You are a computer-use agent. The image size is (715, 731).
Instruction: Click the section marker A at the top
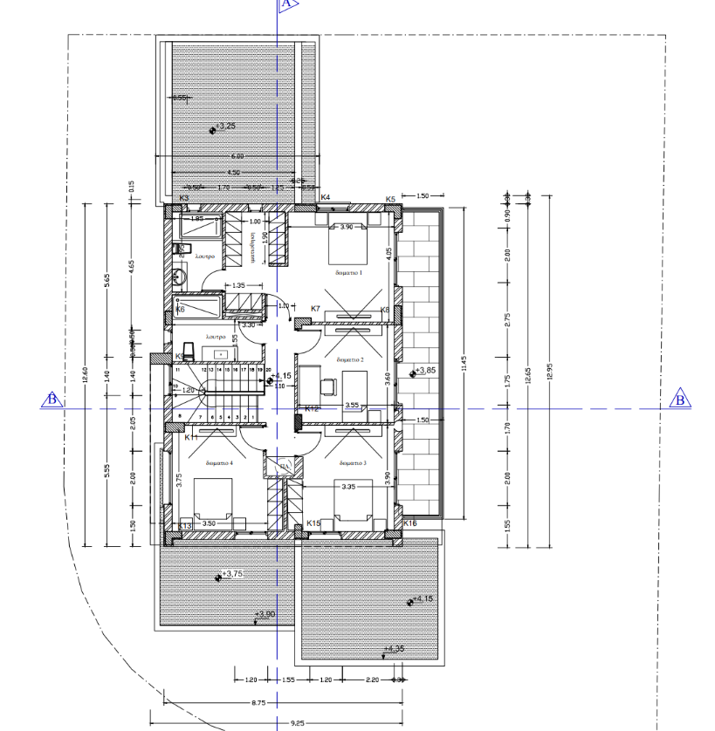(x=286, y=4)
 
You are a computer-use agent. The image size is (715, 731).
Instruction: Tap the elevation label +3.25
(x=225, y=126)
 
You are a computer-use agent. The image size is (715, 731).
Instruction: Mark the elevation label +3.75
(x=231, y=574)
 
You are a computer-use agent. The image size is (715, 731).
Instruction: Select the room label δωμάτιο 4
(x=218, y=463)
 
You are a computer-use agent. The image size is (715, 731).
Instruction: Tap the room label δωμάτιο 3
(x=353, y=463)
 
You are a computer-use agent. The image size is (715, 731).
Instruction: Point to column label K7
(x=316, y=309)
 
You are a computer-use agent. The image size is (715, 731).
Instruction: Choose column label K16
(x=409, y=523)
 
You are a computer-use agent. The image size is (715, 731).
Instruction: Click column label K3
(x=184, y=199)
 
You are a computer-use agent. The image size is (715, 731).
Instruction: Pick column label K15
(x=313, y=523)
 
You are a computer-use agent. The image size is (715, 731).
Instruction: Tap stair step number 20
(x=269, y=370)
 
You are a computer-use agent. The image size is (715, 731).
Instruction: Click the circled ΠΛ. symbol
(x=283, y=468)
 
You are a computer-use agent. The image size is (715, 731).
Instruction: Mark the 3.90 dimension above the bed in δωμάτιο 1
(x=345, y=227)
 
